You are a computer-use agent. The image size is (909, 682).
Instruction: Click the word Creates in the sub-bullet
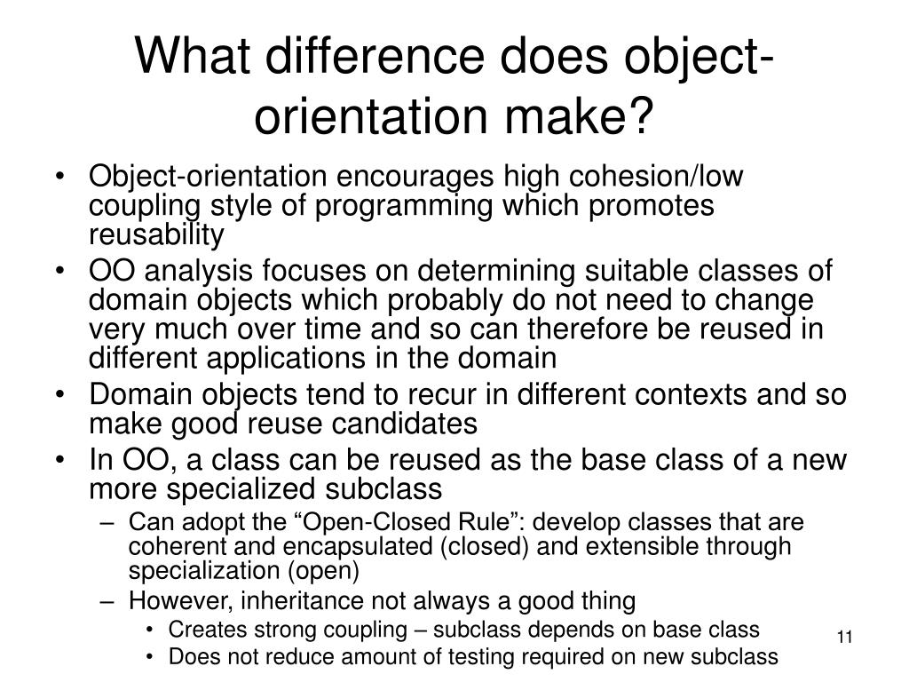pos(199,630)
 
